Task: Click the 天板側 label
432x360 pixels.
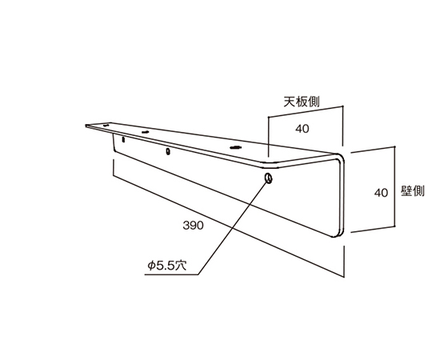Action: coord(302,102)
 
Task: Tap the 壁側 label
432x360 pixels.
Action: coord(413,191)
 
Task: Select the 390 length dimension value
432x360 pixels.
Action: coord(193,226)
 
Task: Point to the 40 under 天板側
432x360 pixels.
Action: coord(302,129)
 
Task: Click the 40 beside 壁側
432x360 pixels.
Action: coord(381,193)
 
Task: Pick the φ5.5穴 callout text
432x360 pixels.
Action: coord(167,266)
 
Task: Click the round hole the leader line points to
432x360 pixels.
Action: coord(268,178)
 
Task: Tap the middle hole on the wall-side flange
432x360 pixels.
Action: coord(168,151)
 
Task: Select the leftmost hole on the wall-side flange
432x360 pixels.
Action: coord(123,139)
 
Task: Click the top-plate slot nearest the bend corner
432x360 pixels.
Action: coord(235,148)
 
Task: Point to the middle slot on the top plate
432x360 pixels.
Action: coord(145,132)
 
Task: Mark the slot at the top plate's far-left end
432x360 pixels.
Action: coord(106,126)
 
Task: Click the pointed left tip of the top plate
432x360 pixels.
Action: coord(86,126)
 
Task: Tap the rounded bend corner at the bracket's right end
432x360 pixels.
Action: coord(342,158)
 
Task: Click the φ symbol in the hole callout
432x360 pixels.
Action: coord(151,266)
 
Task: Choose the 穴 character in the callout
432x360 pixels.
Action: coord(181,266)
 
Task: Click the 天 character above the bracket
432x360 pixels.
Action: coord(290,102)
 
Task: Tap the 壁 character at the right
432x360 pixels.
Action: coord(406,191)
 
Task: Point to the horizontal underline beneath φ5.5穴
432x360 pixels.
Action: coord(171,274)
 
